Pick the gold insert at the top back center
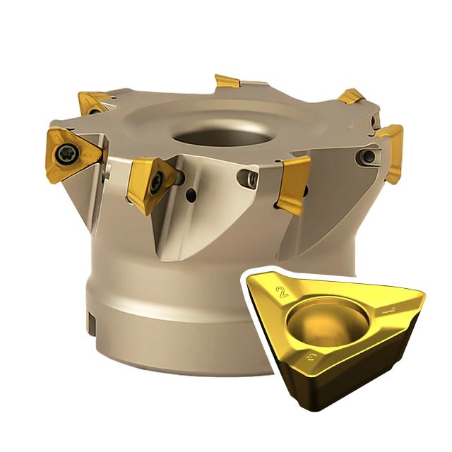(227, 81)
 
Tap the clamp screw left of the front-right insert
(248, 178)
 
